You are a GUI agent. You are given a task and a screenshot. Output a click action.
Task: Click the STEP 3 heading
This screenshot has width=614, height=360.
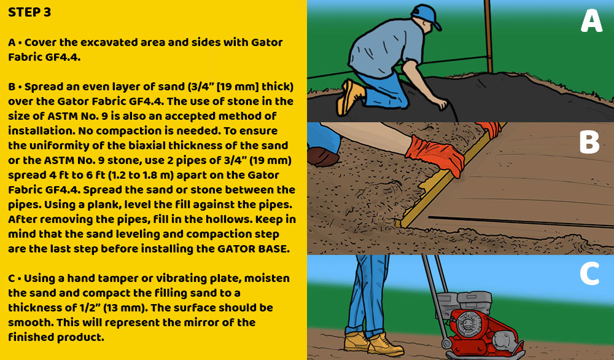click(29, 13)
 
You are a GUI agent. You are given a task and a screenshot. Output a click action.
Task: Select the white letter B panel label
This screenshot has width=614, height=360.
click(589, 143)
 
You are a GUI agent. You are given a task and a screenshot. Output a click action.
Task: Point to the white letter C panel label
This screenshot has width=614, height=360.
click(589, 275)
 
